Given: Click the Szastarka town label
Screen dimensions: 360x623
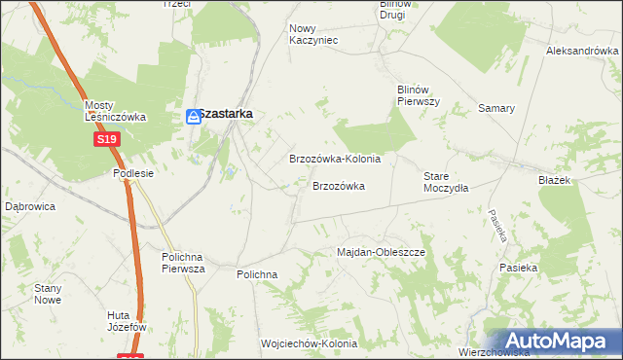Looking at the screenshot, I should pyautogui.click(x=226, y=114).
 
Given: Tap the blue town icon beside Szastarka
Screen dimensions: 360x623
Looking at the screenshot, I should pyautogui.click(x=194, y=117).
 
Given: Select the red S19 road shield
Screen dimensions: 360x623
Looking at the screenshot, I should pyautogui.click(x=107, y=140).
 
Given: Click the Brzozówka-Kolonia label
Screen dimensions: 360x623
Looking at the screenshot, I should pyautogui.click(x=335, y=158).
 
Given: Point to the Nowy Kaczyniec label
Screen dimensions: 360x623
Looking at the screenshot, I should pyautogui.click(x=313, y=34).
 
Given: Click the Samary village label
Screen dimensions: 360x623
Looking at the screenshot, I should pyautogui.click(x=496, y=108).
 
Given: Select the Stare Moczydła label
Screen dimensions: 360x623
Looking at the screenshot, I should pyautogui.click(x=446, y=182).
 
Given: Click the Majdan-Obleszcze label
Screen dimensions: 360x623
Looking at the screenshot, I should pyautogui.click(x=382, y=252).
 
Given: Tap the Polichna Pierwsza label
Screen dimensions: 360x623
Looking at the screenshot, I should pyautogui.click(x=183, y=263).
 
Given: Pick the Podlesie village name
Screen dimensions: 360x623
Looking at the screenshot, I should pyautogui.click(x=135, y=172).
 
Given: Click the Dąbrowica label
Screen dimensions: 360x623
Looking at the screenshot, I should pyautogui.click(x=30, y=206).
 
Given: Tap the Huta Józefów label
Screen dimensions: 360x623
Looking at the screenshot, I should pyautogui.click(x=128, y=321).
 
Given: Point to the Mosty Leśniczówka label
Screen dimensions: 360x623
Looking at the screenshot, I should pyautogui.click(x=115, y=111).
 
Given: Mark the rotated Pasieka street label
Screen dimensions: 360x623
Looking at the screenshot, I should pyautogui.click(x=498, y=226).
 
